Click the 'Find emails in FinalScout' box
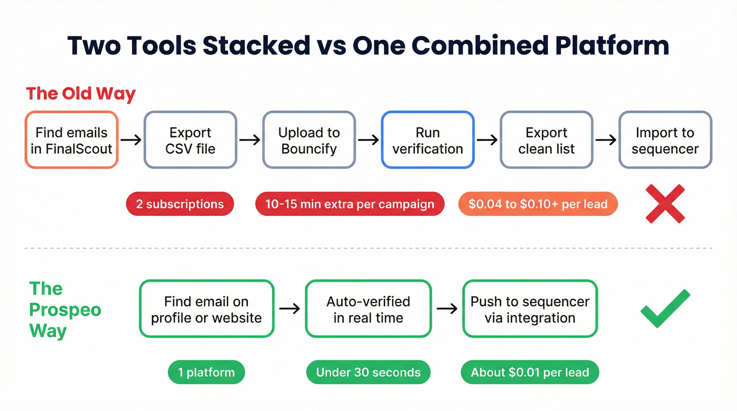tap(72, 140)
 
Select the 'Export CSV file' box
tap(190, 140)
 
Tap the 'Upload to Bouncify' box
tap(309, 140)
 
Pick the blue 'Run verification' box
tap(427, 140)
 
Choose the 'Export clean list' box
tap(546, 140)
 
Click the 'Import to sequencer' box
tap(665, 140)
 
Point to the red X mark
tap(665, 204)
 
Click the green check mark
tap(665, 309)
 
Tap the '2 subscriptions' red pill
tap(180, 204)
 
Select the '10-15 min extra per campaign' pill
tap(350, 204)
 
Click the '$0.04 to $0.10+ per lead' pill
tap(537, 204)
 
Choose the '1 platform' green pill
tap(206, 373)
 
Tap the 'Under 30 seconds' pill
tap(368, 373)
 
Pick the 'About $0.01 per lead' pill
tap(530, 373)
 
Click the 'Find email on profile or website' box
tap(206, 309)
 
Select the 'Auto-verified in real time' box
tap(368, 309)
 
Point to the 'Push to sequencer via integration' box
tap(530, 309)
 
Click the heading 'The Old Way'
tap(81, 94)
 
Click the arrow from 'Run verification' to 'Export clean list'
tap(487, 140)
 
